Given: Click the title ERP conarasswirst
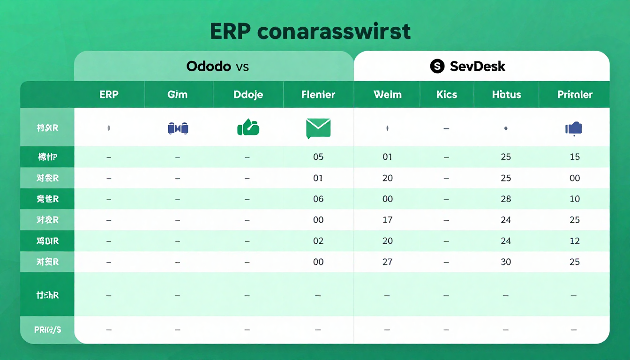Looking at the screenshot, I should click(x=310, y=31).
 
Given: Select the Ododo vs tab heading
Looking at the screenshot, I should click(x=217, y=66).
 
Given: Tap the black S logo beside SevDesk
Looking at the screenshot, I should click(x=437, y=67).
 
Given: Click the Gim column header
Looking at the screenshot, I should click(x=177, y=95).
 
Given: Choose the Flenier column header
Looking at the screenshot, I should click(x=318, y=95).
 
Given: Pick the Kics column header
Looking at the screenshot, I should click(x=446, y=95).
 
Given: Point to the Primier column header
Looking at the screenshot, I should click(x=575, y=95).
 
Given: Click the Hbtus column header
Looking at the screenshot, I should click(x=506, y=95).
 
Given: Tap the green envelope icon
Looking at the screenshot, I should click(x=318, y=128).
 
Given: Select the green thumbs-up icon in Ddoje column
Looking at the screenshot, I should click(x=248, y=127).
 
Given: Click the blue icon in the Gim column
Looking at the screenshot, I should click(x=178, y=128).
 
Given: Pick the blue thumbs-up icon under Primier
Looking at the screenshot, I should click(x=574, y=128).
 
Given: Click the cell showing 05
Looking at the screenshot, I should click(x=318, y=157).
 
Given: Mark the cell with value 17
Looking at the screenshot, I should click(x=387, y=220).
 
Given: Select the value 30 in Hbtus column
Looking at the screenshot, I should click(x=506, y=262).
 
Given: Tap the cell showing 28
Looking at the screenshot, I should click(x=506, y=199).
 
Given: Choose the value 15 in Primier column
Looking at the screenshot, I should click(x=575, y=157).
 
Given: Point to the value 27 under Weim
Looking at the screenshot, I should click(x=387, y=262).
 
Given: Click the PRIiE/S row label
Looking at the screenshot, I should click(x=47, y=330).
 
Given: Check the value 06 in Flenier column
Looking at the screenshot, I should click(x=318, y=199).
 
